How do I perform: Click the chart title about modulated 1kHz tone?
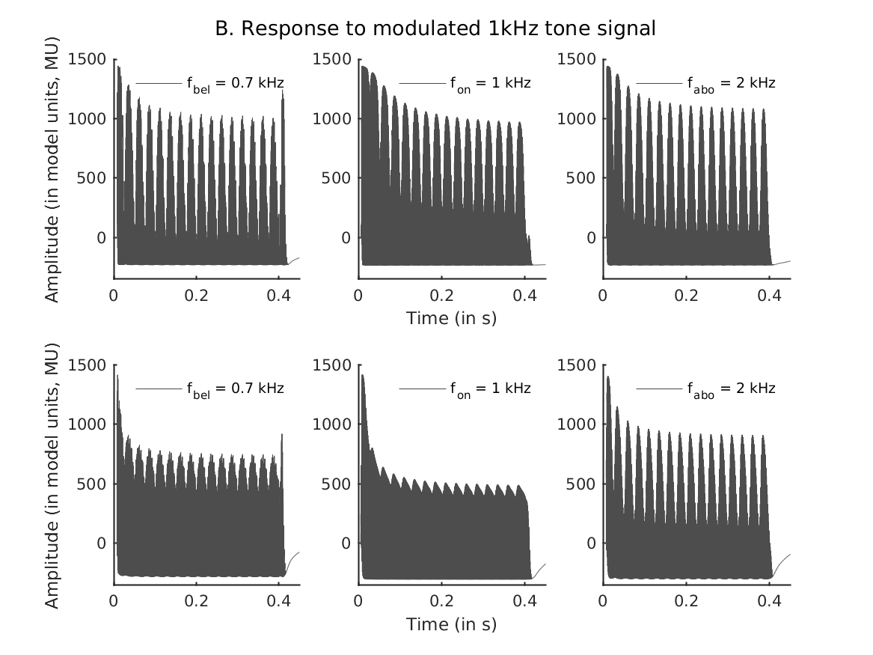435,28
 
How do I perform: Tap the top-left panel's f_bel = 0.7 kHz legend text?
235,83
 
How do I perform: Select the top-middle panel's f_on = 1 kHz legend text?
490,83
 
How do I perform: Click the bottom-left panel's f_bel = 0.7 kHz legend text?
235,389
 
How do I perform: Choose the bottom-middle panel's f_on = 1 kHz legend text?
490,389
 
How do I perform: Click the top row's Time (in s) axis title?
451,318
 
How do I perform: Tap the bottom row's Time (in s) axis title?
451,624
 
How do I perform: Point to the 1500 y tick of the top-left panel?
88,59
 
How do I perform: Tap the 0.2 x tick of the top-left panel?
197,294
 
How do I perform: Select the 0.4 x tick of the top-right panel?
770,294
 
